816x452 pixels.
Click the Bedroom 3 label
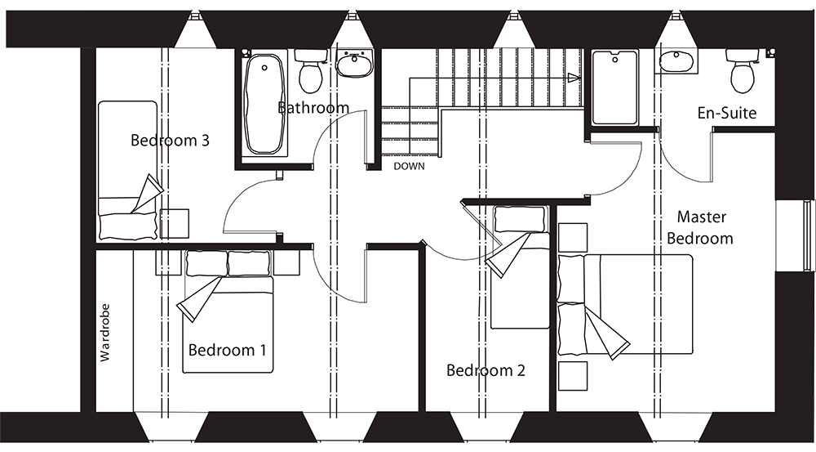(170, 141)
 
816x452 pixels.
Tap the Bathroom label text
(313, 108)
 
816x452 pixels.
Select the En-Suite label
(726, 113)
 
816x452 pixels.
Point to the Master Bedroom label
(700, 228)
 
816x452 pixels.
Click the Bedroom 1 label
(227, 351)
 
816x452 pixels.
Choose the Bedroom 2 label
(486, 371)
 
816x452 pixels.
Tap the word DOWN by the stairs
(410, 166)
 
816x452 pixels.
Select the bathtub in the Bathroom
(264, 104)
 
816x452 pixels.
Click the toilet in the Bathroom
(310, 70)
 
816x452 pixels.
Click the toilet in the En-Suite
(743, 70)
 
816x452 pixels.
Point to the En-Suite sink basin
(676, 60)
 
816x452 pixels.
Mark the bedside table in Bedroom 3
(174, 223)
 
